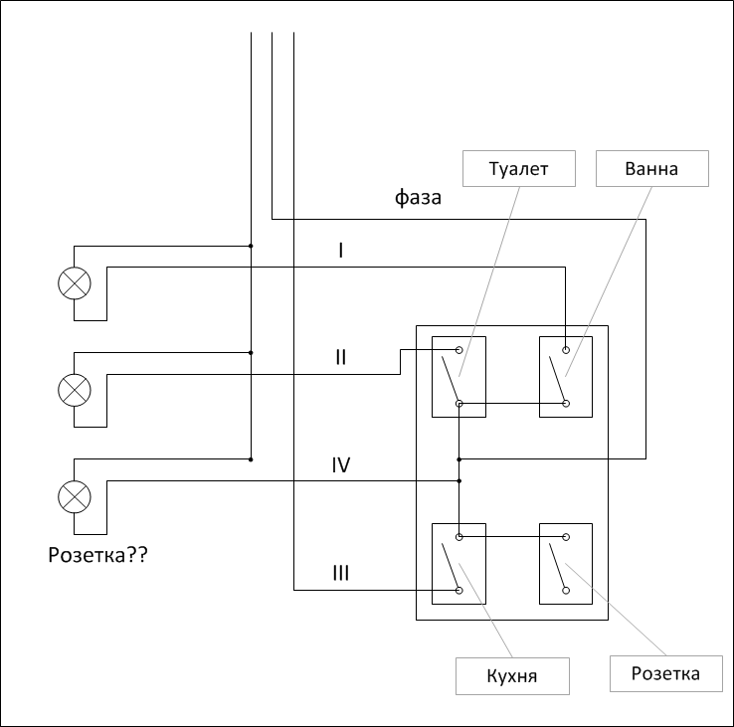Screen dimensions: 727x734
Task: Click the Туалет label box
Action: [520, 168]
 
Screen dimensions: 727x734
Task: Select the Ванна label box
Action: [651, 168]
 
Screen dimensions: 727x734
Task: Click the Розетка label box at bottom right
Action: [665, 673]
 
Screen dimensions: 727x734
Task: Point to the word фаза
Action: [418, 198]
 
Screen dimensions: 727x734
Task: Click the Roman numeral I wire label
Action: [341, 251]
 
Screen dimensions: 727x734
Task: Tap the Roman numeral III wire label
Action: [341, 574]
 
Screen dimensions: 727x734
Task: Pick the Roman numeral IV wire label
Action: [341, 464]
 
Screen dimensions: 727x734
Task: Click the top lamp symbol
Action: [74, 283]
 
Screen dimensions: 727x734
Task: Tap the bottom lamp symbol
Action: [74, 495]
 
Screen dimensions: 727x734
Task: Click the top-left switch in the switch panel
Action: [459, 376]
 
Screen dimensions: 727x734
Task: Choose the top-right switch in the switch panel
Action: [566, 376]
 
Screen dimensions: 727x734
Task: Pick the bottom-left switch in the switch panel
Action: [459, 563]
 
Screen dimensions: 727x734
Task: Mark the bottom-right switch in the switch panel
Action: [566, 563]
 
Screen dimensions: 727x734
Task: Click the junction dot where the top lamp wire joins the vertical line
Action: [251, 245]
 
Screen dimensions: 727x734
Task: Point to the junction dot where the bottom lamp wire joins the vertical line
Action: [251, 459]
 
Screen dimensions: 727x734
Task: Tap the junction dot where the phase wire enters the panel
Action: [459, 459]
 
